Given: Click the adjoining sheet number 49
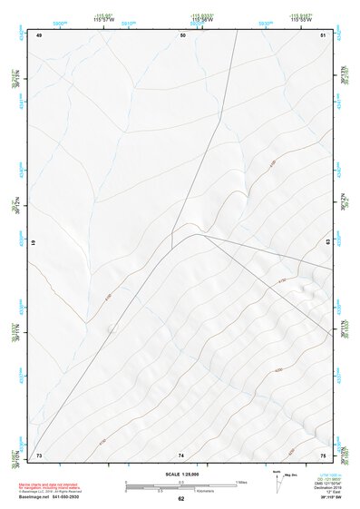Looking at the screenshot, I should pos(39,34).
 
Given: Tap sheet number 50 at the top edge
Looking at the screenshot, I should pos(182,34).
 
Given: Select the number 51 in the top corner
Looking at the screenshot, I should pos(323,34).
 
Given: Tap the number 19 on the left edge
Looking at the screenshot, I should pos(34,244).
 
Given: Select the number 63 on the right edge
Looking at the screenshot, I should pos(327,244).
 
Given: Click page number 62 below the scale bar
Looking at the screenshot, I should pos(180,499).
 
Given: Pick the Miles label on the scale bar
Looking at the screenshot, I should pos(241,481).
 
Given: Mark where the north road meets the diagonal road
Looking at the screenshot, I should pos(173,244).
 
